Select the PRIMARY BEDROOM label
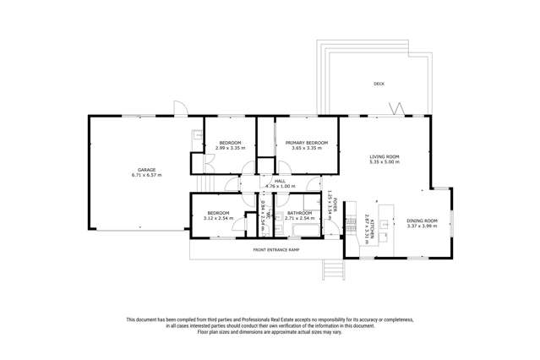tap(306, 143)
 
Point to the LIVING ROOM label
tap(384, 156)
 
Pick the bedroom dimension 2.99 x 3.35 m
tap(229, 148)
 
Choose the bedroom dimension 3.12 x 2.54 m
tap(219, 218)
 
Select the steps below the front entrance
tap(334, 269)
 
